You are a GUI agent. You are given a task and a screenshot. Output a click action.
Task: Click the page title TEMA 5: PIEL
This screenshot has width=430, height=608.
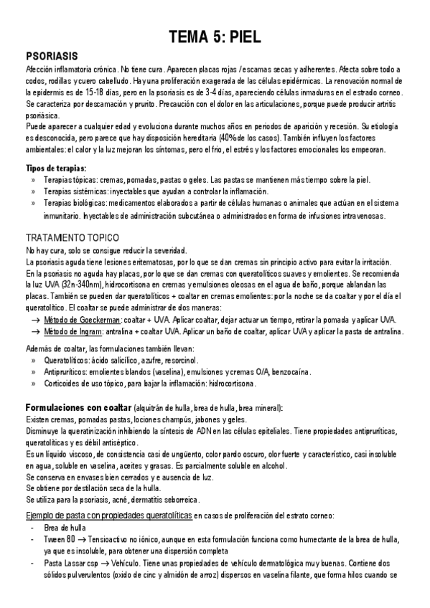(215, 37)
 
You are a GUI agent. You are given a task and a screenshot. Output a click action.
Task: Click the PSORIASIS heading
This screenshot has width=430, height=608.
(51, 55)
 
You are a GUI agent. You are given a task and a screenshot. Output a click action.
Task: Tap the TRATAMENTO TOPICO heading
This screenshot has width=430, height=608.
(72, 237)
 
